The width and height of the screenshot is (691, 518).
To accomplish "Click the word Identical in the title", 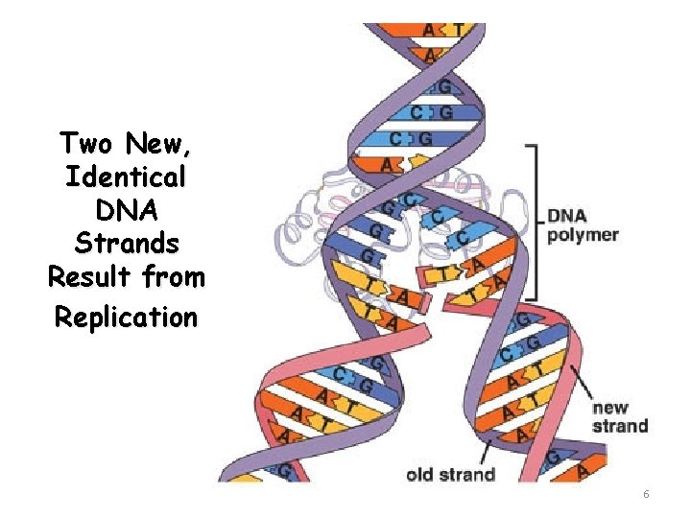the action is [x=125, y=177].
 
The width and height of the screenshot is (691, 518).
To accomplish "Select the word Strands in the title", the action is [x=125, y=244].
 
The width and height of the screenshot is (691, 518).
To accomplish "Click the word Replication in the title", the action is [x=125, y=316].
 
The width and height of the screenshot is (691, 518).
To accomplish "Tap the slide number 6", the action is [x=646, y=493].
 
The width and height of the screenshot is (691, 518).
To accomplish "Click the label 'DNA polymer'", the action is [x=583, y=224].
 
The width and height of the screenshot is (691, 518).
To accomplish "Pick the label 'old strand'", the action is [x=450, y=473].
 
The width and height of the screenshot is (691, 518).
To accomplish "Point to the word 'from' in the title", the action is [x=180, y=278].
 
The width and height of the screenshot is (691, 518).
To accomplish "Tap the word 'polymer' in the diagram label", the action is [x=583, y=234].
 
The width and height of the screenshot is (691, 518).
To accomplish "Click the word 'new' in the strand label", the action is [x=610, y=407].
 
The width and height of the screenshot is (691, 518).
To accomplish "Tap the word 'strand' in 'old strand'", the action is [x=467, y=473].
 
